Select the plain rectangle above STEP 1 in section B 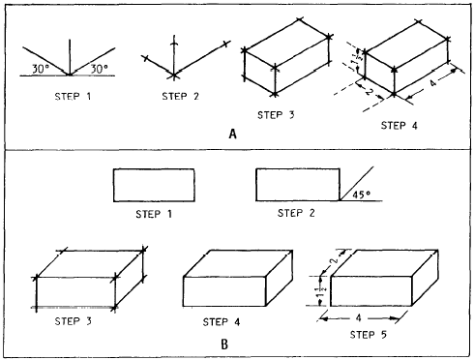point(155,185)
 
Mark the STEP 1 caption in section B point(154,213)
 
